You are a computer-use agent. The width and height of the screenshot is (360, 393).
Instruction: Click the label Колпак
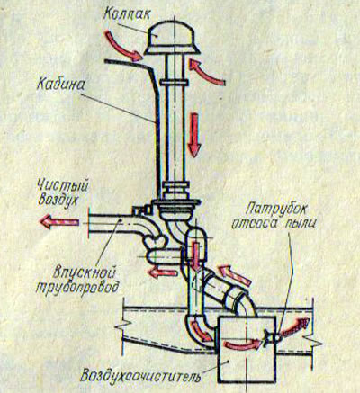(x=126, y=13)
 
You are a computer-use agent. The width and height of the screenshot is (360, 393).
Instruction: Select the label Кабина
(x=60, y=85)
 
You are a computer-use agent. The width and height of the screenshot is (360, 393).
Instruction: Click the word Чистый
(x=63, y=186)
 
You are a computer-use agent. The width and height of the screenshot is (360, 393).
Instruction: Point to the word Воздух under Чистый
(x=58, y=200)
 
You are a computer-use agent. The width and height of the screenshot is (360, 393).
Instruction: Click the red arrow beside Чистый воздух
(x=59, y=222)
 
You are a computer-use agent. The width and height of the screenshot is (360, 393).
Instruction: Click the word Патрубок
(x=276, y=209)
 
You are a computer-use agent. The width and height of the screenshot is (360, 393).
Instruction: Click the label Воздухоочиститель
(x=140, y=376)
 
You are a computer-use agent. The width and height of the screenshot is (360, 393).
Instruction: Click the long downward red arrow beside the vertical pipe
(x=193, y=135)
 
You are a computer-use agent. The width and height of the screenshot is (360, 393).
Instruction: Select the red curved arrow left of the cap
(x=122, y=47)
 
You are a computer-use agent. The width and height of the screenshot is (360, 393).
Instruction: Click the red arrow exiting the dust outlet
(x=294, y=327)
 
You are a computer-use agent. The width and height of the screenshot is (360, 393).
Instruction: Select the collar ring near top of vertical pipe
(x=174, y=83)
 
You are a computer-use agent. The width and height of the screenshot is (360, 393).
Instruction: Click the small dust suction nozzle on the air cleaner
(x=272, y=337)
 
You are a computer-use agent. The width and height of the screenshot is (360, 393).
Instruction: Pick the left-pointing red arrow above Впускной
(x=162, y=272)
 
